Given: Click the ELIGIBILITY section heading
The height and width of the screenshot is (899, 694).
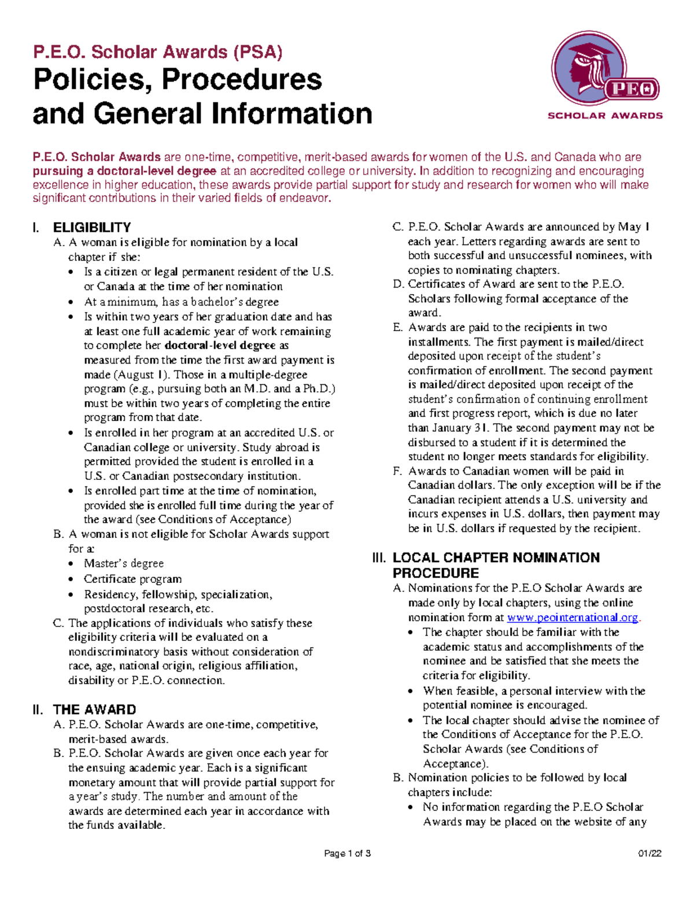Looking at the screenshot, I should point(91,227).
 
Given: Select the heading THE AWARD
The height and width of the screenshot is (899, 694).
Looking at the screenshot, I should point(94,710).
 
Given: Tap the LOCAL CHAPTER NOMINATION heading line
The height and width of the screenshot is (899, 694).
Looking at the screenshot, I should point(496,557).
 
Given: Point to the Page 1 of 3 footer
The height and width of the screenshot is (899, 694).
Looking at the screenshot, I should point(347,854).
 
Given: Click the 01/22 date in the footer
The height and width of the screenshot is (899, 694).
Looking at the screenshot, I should point(649,854).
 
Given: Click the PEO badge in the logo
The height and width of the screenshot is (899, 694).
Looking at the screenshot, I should point(632,89).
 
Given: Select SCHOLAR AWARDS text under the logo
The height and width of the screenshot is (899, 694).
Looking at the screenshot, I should point(605,116).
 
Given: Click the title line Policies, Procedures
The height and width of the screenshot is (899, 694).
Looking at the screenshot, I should point(178,79).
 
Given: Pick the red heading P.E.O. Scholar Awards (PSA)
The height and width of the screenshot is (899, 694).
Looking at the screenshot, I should point(157,52).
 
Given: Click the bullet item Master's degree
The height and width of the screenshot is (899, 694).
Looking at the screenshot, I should point(124,563).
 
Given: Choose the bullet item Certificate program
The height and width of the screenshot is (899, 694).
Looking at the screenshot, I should point(132,579).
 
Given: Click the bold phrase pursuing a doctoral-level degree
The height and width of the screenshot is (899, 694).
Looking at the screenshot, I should point(124,171).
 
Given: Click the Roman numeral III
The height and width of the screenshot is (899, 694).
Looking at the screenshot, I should point(379,558).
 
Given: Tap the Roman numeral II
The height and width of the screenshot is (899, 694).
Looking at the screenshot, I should point(38,710).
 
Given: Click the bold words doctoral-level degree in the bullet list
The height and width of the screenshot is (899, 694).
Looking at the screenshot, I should point(220,346).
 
